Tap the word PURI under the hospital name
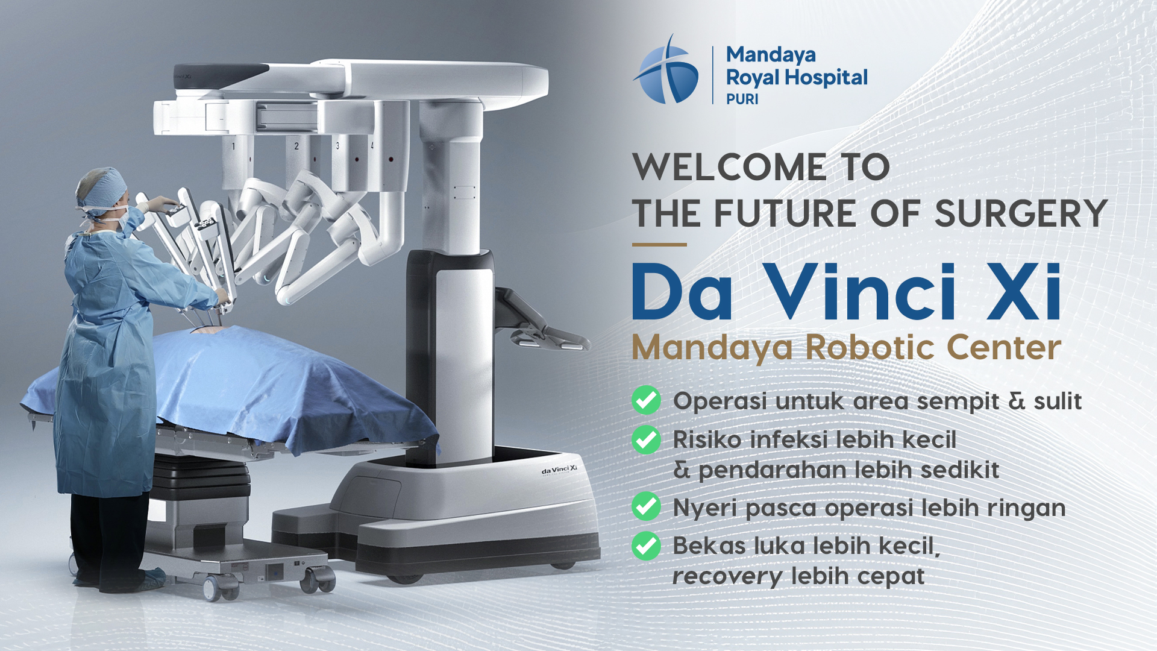(x=742, y=99)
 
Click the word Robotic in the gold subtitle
(x=871, y=347)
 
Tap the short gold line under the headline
(x=659, y=245)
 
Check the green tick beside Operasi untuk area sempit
(x=647, y=400)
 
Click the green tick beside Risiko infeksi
(x=647, y=439)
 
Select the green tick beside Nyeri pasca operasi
(x=647, y=506)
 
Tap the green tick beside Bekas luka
(x=647, y=546)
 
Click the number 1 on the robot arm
(x=234, y=146)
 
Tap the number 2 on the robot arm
(x=296, y=146)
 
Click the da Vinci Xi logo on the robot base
(x=559, y=470)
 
